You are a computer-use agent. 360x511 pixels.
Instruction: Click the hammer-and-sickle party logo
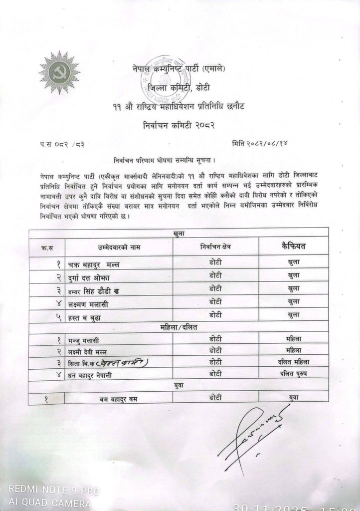(x=59, y=72)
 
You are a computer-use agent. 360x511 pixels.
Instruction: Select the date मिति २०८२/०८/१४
(x=259, y=144)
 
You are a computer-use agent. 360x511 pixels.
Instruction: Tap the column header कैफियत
(x=294, y=246)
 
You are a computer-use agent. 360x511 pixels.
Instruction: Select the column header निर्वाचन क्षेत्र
(x=215, y=247)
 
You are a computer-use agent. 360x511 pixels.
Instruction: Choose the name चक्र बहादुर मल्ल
(x=94, y=263)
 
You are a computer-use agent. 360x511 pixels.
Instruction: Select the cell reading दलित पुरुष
(x=294, y=373)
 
